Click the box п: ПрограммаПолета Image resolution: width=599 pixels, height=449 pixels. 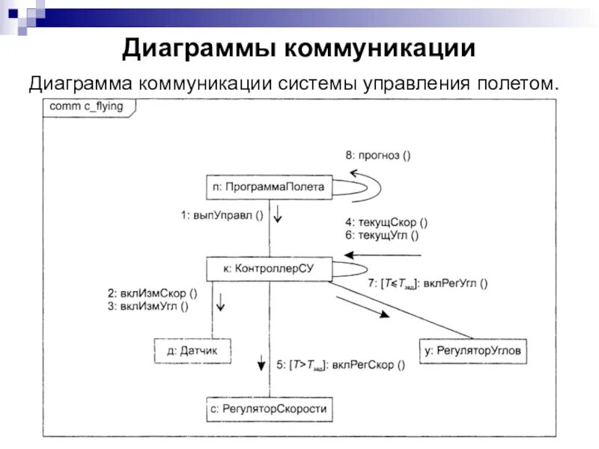coord(268,187)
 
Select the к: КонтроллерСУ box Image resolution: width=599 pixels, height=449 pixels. coord(268,268)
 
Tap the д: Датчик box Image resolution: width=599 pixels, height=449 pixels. coord(192,349)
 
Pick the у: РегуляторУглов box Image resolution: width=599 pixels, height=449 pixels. coord(472,349)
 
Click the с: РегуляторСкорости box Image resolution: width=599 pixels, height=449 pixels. coord(268,409)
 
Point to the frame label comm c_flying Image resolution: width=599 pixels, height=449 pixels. coord(86,107)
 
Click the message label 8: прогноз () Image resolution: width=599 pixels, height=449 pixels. coord(377,156)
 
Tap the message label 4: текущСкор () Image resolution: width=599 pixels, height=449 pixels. coord(386,222)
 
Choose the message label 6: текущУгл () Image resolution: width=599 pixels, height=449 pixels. coord(382,235)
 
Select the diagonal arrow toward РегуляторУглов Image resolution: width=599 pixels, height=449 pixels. coord(363,305)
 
